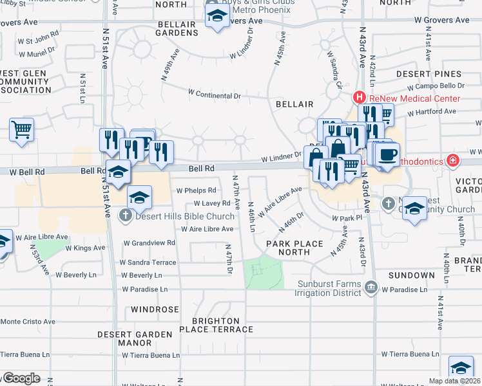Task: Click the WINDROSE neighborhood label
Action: coord(155,309)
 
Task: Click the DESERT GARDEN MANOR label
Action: coord(135,339)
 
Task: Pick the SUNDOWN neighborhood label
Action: coord(411,275)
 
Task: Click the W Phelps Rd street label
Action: coord(196,191)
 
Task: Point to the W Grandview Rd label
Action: coord(149,243)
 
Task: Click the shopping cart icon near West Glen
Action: coord(21,129)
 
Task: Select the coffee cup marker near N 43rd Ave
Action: coord(387,155)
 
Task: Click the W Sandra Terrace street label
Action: coord(148,262)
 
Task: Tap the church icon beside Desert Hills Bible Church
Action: coord(127,216)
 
